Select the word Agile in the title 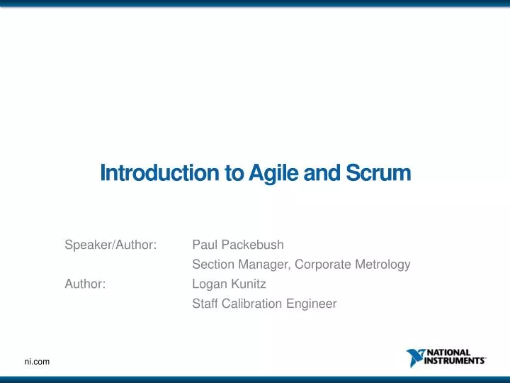(x=266, y=173)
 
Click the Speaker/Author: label (x=110, y=245)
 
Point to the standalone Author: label (x=85, y=284)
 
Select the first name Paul (x=204, y=245)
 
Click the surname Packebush (x=251, y=245)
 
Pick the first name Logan (x=209, y=284)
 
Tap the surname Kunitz (x=248, y=284)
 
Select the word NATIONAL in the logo (x=448, y=353)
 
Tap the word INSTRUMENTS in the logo (x=454, y=360)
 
